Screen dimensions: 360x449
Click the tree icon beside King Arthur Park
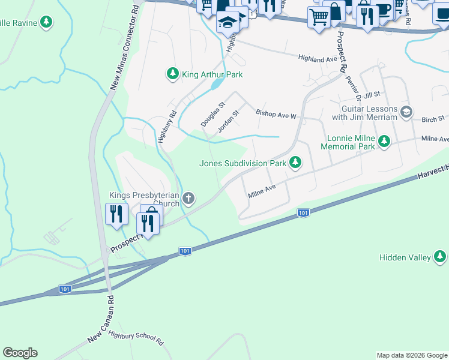[x=173, y=74]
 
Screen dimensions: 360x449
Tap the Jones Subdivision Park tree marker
[x=295, y=163]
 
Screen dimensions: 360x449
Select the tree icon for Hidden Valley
[x=440, y=257]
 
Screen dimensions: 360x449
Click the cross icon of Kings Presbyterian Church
[x=188, y=199]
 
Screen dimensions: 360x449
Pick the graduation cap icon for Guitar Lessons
[x=406, y=112]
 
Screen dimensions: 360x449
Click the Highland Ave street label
[x=318, y=59]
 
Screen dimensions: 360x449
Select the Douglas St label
[x=212, y=113]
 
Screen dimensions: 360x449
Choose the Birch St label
[x=433, y=119]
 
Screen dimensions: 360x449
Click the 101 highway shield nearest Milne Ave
[x=303, y=212]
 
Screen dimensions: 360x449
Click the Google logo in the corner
[x=20, y=353]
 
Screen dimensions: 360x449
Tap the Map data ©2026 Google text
[x=412, y=355]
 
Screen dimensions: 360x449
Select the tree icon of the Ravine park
[x=46, y=23]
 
